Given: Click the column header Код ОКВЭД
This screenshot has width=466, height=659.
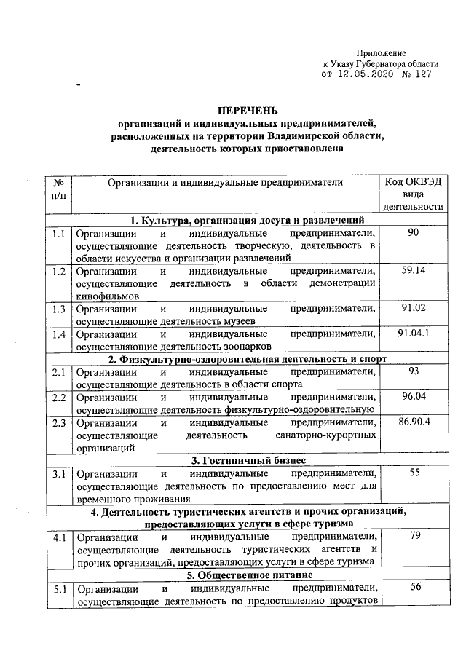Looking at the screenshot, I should pos(414,181).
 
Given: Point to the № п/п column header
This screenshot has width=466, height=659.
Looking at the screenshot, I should pos(59,188).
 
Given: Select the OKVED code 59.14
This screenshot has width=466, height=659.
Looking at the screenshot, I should pos(414,271).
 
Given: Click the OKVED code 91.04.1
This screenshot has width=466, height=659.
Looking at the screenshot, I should pos(414,333).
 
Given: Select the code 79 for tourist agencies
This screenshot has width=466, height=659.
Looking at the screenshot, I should pos(414,537).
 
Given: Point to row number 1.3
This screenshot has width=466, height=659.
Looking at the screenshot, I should pos(59,309).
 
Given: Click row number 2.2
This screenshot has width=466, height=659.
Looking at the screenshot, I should pos(59,397).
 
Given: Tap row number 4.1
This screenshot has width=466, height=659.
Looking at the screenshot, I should pos(59,538).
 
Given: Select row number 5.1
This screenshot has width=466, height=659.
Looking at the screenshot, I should pos(59,589).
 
